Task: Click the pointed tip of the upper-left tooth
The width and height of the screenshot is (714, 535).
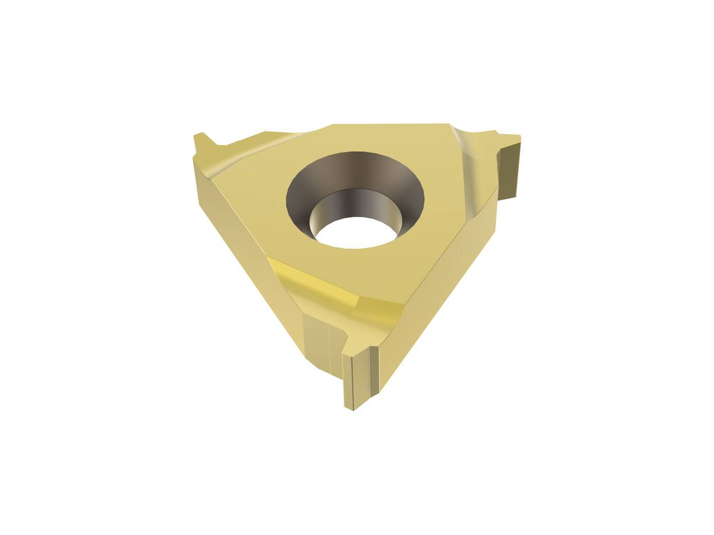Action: pos(199,137)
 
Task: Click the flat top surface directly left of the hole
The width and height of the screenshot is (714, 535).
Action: pos(256,190)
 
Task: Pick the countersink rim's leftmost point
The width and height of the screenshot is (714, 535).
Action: pos(286,196)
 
